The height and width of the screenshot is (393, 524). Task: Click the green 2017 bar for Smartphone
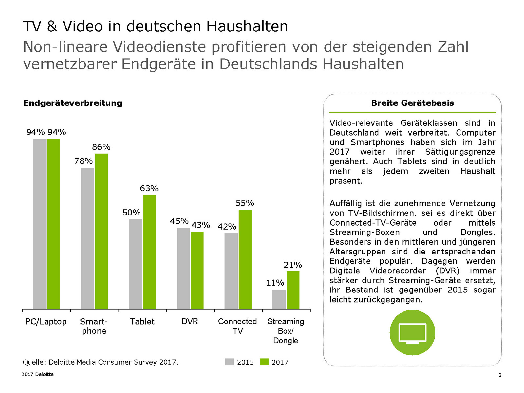tap(102, 231)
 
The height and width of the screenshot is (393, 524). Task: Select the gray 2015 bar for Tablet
tap(136, 264)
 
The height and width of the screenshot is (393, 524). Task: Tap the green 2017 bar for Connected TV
tap(245, 259)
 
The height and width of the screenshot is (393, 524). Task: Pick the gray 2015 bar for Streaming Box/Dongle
tap(279, 299)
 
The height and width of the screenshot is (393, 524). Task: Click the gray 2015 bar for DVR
tap(183, 268)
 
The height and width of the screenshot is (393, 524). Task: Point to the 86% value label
tap(101, 147)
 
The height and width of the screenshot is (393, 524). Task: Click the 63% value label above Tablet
tap(149, 189)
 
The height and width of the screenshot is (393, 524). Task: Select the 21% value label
tap(293, 265)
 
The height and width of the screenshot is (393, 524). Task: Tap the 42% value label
tap(227, 227)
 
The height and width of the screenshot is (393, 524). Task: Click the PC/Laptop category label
tap(46, 322)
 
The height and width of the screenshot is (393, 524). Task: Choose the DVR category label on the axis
tap(190, 322)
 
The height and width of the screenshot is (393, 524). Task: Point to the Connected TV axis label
tap(237, 326)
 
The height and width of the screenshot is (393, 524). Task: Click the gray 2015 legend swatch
tap(229, 362)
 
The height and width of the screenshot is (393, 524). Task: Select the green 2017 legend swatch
tap(264, 362)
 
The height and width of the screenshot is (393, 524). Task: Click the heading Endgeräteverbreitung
tap(73, 103)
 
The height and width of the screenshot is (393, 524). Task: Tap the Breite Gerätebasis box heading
tap(412, 103)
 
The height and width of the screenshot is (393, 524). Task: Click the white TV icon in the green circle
tap(412, 333)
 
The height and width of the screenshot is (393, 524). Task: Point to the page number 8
tap(500, 375)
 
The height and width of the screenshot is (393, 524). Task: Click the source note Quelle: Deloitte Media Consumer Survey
tap(100, 362)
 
